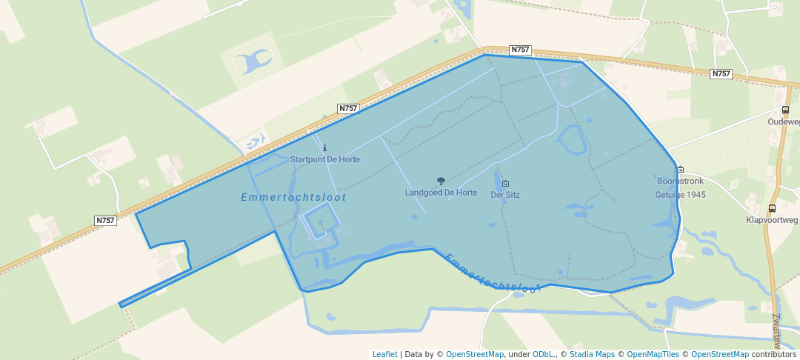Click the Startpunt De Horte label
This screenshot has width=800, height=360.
[x=325, y=159]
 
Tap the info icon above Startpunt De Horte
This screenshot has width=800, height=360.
[x=325, y=148]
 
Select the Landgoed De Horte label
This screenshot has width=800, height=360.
[x=441, y=193]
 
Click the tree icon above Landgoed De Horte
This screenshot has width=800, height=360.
[x=441, y=181]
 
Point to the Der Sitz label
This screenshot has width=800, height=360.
[x=505, y=196]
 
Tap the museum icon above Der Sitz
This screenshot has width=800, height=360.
[x=505, y=184]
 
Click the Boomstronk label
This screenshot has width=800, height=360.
[x=680, y=181]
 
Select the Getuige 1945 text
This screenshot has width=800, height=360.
[x=680, y=195]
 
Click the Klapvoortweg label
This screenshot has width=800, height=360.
[x=773, y=220]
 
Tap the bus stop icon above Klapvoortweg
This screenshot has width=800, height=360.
[x=773, y=208]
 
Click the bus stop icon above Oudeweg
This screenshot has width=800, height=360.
[x=785, y=110]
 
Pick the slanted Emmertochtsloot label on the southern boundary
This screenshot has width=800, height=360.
[x=492, y=272]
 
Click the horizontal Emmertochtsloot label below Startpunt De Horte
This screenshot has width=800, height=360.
[x=293, y=198]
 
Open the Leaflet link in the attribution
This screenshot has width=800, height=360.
[x=384, y=354]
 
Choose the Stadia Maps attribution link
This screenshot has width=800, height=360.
[x=591, y=354]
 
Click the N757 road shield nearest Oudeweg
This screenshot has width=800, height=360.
[x=721, y=74]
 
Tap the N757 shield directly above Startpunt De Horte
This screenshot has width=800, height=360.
[x=348, y=108]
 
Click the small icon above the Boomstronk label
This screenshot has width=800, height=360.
[x=680, y=170]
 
